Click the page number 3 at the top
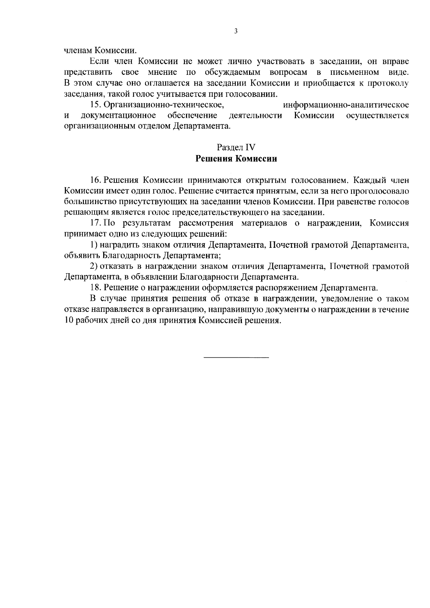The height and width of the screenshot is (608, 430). point(236,31)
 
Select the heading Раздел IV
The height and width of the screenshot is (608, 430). point(236,147)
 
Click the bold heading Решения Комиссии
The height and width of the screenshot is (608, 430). point(236,159)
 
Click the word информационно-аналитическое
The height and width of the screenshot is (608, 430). point(346,105)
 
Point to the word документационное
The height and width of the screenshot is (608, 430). point(118,116)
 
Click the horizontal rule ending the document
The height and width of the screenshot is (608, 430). point(236,358)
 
